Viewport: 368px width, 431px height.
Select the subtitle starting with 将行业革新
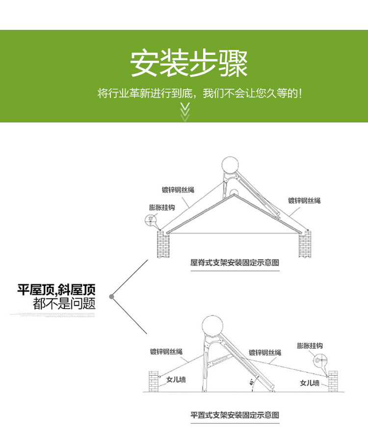coord(199,93)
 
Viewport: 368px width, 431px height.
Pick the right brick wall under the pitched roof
coord(305,243)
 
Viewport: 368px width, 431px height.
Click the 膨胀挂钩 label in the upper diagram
coord(162,208)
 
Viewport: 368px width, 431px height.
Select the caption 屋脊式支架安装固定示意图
coord(235,263)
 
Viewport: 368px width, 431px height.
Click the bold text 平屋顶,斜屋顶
coord(56,289)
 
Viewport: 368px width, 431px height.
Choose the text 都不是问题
coord(64,304)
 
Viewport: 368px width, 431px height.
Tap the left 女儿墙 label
coord(176,380)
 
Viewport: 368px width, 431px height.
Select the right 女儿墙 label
coord(310,383)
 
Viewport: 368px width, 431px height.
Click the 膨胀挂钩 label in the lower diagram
coord(310,346)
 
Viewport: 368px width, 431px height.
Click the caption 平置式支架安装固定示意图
coord(235,415)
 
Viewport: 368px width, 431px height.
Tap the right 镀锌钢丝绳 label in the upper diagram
coord(304,200)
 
